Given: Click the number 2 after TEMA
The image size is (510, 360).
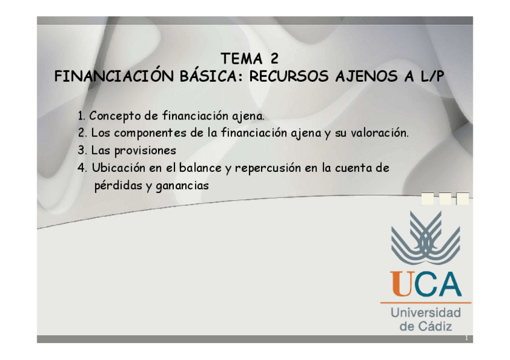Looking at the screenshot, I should tap(274, 59).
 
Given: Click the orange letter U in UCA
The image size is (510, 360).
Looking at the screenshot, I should tap(402, 284).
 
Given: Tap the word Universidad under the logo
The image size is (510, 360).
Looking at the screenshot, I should tap(425, 313).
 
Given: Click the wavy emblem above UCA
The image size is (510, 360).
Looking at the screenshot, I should tap(425, 239).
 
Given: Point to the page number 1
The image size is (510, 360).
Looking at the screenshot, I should tap(466, 339).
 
